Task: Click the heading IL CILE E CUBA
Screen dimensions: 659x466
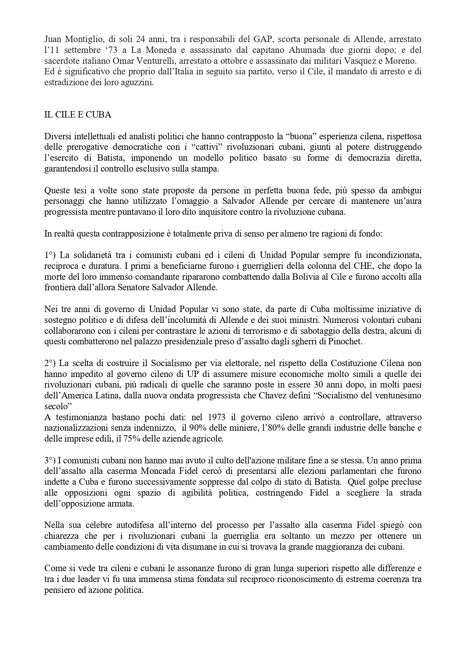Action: click(x=78, y=115)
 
